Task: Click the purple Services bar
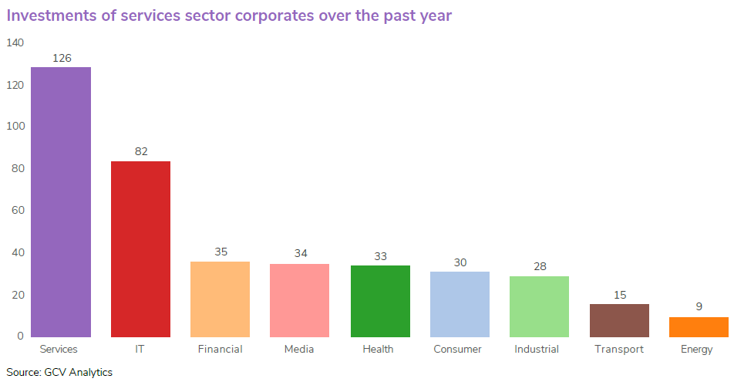click(x=61, y=202)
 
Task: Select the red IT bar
click(x=140, y=249)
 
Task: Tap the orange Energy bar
click(x=699, y=327)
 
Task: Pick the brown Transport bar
click(x=619, y=320)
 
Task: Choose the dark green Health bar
click(x=380, y=301)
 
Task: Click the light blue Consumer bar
click(x=460, y=304)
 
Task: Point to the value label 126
click(x=62, y=58)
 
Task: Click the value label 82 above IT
click(x=141, y=151)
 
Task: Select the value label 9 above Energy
click(x=699, y=306)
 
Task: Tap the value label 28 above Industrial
click(x=540, y=266)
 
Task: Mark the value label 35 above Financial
click(x=221, y=252)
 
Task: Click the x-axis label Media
click(x=300, y=349)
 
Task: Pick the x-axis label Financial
click(x=221, y=349)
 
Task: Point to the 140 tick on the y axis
click(x=15, y=42)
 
